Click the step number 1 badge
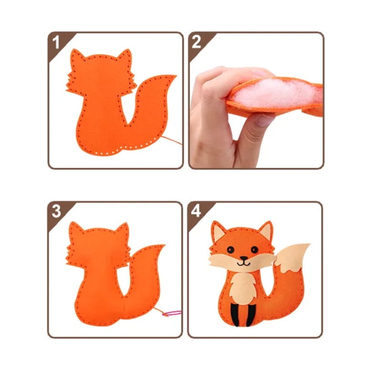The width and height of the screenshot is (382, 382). click(x=57, y=42)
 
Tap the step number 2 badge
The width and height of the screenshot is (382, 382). click(x=197, y=42)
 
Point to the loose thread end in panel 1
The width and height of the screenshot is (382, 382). click(x=178, y=142)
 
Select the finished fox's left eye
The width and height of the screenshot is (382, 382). click(x=230, y=250)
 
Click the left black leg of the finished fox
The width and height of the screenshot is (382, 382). click(x=235, y=314)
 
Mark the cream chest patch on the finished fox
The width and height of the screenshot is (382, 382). click(x=242, y=285)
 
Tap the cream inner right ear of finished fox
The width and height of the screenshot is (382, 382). click(x=265, y=234)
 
